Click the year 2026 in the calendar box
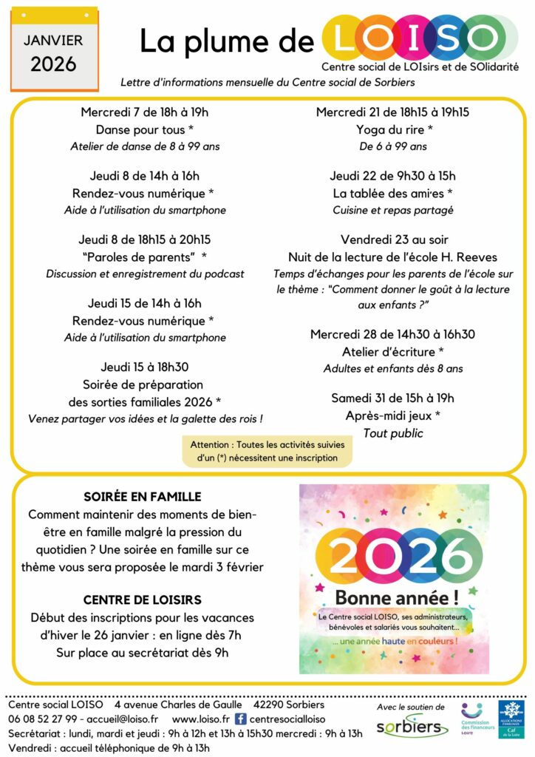coord(53,64)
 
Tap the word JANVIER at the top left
coord(53,40)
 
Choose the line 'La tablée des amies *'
coord(392,193)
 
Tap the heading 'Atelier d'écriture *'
coord(392,351)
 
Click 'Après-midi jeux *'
coord(392,415)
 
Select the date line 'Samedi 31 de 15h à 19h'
coord(392,398)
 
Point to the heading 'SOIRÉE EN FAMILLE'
coord(143,497)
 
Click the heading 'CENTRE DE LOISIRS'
coord(143,600)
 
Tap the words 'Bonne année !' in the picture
coord(394,597)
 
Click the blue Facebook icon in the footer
coord(240,719)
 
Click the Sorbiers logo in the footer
coord(411,726)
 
